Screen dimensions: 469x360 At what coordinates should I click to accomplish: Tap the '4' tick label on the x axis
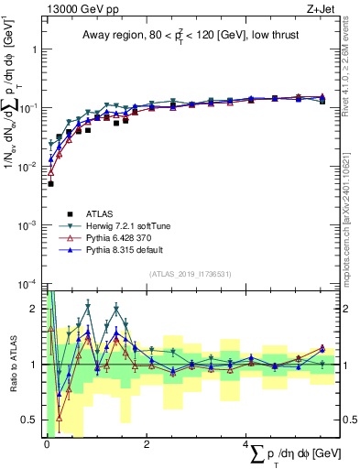(x=245, y=445)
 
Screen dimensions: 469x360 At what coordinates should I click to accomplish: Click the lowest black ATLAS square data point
(x=50, y=184)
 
